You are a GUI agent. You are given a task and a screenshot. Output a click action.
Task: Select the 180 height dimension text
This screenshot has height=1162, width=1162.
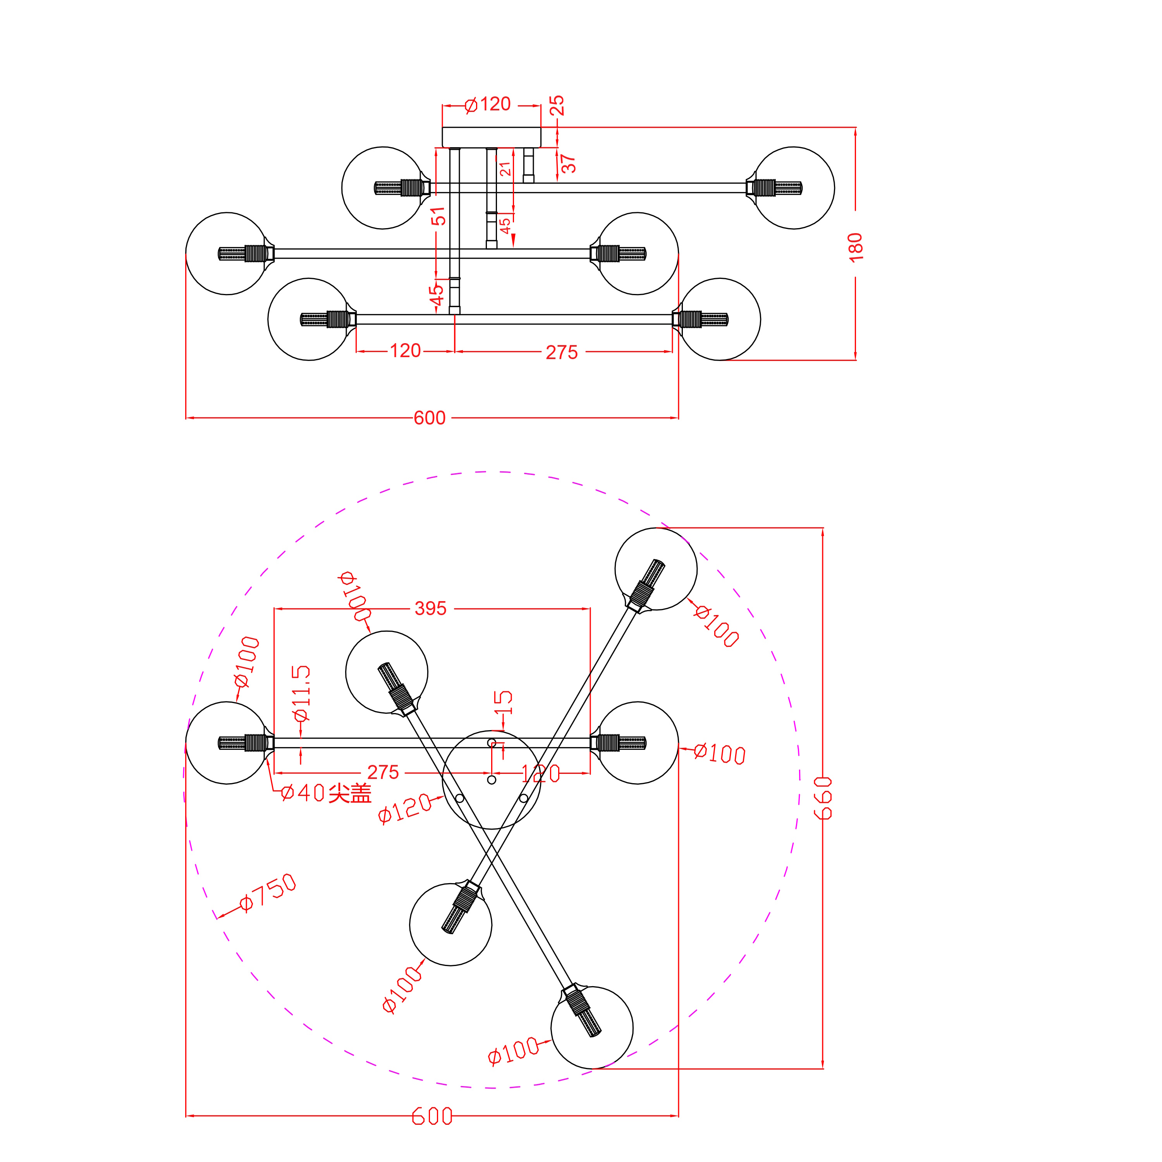pyautogui.click(x=855, y=247)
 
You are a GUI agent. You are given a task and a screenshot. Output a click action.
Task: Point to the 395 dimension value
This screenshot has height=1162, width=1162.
pyautogui.click(x=431, y=608)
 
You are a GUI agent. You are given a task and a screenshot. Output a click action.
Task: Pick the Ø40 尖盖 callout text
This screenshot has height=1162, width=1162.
pyautogui.click(x=326, y=793)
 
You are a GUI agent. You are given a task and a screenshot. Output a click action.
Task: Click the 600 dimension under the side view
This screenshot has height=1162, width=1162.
pyautogui.click(x=430, y=418)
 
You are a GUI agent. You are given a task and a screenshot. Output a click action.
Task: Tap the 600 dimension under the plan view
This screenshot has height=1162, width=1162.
pyautogui.click(x=432, y=1116)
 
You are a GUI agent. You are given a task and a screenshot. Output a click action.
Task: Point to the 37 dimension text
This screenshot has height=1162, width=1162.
pyautogui.click(x=568, y=163)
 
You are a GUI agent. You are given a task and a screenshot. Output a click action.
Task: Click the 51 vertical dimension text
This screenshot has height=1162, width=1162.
pyautogui.click(x=439, y=216)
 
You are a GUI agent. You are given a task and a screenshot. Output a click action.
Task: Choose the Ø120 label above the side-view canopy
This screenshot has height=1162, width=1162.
pyautogui.click(x=488, y=104)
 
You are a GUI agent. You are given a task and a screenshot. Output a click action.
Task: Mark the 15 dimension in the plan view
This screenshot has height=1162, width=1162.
pyautogui.click(x=503, y=702)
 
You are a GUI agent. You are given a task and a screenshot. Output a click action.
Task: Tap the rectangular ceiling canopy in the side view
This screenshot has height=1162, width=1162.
pyautogui.click(x=492, y=137)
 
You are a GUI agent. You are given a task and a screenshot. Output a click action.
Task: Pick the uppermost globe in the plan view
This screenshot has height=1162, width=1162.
pyautogui.click(x=656, y=569)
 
